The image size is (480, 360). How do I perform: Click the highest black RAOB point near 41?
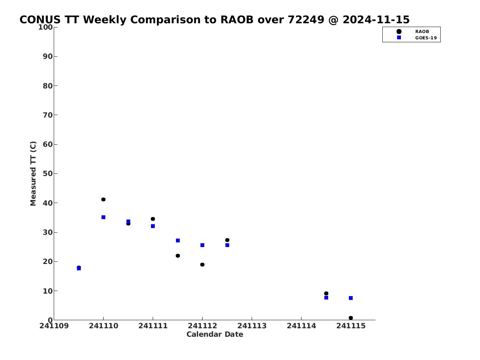click(104, 200)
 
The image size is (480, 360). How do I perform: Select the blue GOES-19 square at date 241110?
click(104, 217)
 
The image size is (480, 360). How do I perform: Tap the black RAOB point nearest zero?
click(351, 318)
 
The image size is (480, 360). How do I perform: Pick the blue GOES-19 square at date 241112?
click(202, 245)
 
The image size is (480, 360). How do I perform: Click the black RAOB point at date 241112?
click(202, 265)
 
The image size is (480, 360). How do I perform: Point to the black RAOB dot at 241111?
click(153, 219)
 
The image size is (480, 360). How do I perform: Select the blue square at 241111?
click(153, 226)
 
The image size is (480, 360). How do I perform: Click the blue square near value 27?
click(178, 241)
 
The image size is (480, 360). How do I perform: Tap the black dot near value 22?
click(178, 256)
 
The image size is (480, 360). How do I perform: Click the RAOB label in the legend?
click(422, 32)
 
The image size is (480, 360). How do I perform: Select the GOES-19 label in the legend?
click(426, 38)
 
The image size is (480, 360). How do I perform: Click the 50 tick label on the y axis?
click(48, 173)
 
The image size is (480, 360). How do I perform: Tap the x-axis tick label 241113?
click(252, 326)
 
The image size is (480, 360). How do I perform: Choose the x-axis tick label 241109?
click(54, 326)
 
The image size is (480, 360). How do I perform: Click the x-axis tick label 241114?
click(301, 326)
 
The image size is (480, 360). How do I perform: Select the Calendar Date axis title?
click(215, 334)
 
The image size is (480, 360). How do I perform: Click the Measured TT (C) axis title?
click(33, 173)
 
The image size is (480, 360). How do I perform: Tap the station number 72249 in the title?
click(306, 19)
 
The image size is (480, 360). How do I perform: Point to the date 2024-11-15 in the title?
click(376, 19)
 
